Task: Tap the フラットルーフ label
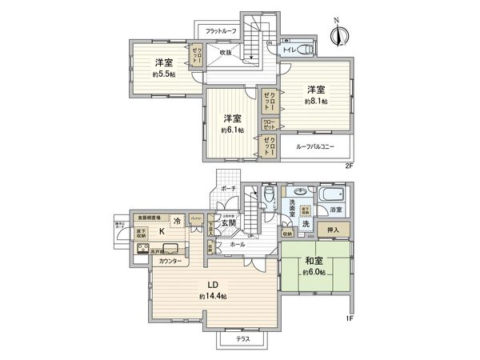click(221, 31)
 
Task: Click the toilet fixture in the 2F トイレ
click(305, 50)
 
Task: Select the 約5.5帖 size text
click(165, 75)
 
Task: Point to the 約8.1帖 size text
click(315, 102)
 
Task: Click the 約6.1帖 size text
click(233, 130)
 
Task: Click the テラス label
click(242, 339)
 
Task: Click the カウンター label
click(169, 262)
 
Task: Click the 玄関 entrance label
click(238, 223)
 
